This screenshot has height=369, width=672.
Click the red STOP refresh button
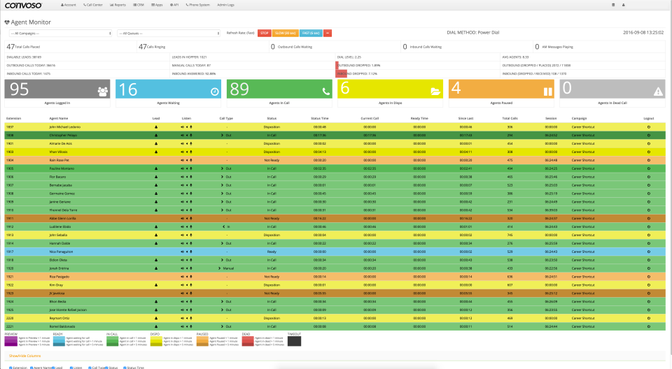(265, 33)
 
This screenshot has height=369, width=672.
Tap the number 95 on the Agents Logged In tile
(20, 89)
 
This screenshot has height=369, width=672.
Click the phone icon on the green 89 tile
(325, 91)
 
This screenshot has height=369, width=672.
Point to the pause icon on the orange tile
(548, 91)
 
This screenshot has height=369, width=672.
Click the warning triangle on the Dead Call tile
(657, 91)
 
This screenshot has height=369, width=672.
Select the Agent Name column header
(59, 119)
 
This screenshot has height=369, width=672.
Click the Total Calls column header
(510, 119)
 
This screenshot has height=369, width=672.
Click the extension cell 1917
(10, 252)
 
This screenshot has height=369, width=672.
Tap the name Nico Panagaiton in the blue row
(62, 252)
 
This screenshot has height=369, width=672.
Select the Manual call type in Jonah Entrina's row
(227, 268)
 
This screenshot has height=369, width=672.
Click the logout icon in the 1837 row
(649, 126)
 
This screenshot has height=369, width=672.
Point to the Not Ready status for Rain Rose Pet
(272, 159)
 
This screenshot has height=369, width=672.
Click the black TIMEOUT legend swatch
(294, 340)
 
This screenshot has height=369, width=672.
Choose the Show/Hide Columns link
(24, 356)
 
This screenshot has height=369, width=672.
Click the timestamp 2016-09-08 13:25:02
(643, 32)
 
